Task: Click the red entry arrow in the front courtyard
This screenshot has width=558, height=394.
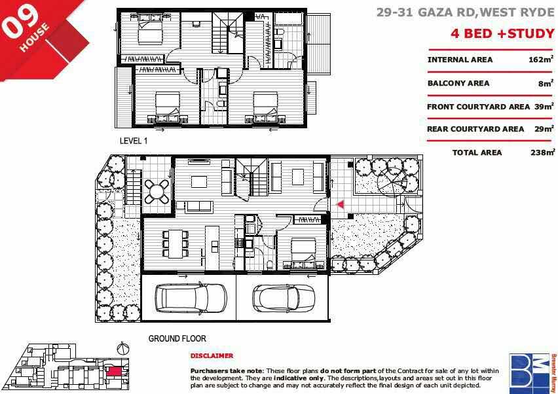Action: (x=341, y=204)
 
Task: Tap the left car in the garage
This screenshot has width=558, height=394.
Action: (x=191, y=297)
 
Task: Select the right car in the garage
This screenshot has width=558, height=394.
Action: (x=284, y=298)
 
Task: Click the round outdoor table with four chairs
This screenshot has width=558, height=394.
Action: (x=157, y=191)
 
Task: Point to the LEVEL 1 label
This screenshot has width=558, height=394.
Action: (x=134, y=141)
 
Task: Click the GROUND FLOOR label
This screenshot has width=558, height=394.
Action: (x=177, y=338)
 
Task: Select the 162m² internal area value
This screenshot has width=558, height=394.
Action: (x=541, y=59)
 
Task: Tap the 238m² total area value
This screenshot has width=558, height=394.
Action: (x=542, y=152)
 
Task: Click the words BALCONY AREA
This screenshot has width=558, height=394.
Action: (x=458, y=83)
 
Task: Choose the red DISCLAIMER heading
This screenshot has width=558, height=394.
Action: (x=212, y=355)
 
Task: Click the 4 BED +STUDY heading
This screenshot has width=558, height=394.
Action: (x=502, y=33)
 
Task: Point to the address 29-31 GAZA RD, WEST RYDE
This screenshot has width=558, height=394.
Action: (x=466, y=12)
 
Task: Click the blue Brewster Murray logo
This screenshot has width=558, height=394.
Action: (x=530, y=372)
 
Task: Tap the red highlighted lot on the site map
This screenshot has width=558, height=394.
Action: (x=114, y=371)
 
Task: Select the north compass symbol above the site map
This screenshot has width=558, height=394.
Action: (x=122, y=348)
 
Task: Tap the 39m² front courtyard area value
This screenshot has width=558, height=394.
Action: (x=544, y=106)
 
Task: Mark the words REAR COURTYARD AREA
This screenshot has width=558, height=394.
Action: (x=475, y=129)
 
